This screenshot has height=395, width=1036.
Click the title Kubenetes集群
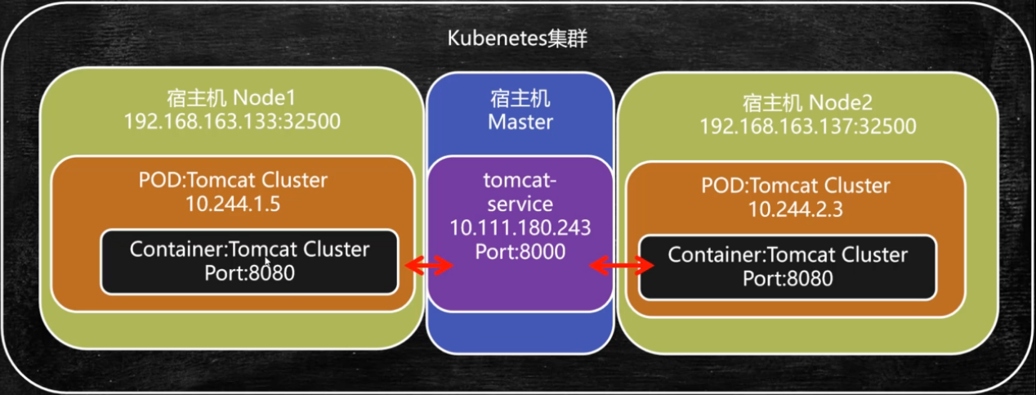(x=517, y=39)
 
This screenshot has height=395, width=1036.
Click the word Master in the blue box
(x=520, y=123)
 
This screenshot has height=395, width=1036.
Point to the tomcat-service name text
(x=520, y=191)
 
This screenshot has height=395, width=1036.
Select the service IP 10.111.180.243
(x=520, y=227)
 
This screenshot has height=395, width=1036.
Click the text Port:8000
(x=520, y=252)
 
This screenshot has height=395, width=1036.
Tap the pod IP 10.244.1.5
(x=232, y=204)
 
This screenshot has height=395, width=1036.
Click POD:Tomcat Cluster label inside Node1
(x=232, y=181)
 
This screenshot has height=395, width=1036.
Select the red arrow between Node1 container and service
(x=429, y=264)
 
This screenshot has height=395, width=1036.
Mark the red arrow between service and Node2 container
(x=623, y=264)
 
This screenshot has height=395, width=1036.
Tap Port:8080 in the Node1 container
(x=249, y=272)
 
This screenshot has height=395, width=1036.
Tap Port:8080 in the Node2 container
(x=788, y=278)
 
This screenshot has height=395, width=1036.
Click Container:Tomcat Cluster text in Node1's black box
(x=249, y=249)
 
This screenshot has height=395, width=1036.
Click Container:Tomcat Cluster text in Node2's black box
(x=788, y=254)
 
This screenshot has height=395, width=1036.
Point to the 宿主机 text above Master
(x=520, y=100)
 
